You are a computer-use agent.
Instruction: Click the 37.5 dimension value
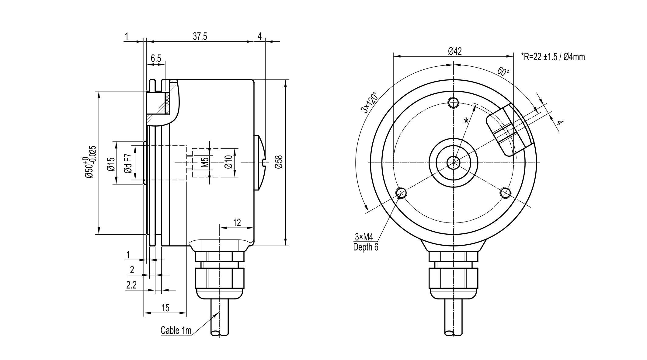[200, 37]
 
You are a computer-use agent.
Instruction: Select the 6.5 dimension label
[156, 58]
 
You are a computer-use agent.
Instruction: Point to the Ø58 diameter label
[279, 162]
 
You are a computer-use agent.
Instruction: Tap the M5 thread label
[205, 162]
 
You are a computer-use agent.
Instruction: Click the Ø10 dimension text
[228, 162]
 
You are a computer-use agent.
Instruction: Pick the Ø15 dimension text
[111, 164]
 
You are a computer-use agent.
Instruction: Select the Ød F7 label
[128, 164]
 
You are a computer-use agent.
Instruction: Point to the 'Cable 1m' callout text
[176, 330]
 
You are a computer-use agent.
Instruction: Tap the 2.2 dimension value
[131, 285]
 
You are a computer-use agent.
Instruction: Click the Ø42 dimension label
[455, 51]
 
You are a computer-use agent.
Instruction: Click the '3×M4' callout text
[364, 236]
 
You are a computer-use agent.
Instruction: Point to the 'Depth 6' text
[366, 247]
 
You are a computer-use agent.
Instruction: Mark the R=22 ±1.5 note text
[553, 57]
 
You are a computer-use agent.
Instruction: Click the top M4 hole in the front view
[454, 102]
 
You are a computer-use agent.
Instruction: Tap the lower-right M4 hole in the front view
[506, 192]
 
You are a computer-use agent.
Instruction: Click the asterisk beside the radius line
[466, 121]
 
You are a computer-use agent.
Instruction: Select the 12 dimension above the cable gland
[237, 222]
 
